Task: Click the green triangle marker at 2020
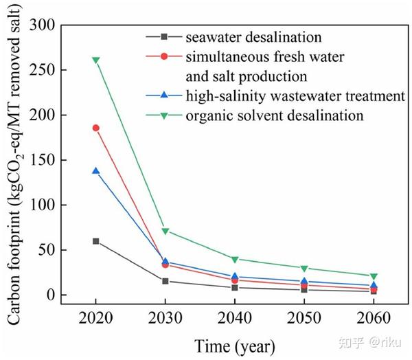click(96, 60)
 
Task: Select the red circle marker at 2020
click(96, 128)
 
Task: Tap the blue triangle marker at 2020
click(96, 170)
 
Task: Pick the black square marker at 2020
click(96, 241)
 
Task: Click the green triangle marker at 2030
click(165, 232)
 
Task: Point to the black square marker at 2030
click(165, 281)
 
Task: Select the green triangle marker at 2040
click(235, 260)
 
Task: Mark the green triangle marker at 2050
click(304, 269)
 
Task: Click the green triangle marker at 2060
click(374, 276)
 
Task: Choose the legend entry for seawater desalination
click(244, 36)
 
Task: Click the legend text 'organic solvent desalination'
click(274, 115)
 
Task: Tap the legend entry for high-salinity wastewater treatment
click(295, 95)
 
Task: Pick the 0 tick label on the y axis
click(51, 295)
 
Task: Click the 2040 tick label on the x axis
click(235, 319)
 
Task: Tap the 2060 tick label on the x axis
click(374, 319)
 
